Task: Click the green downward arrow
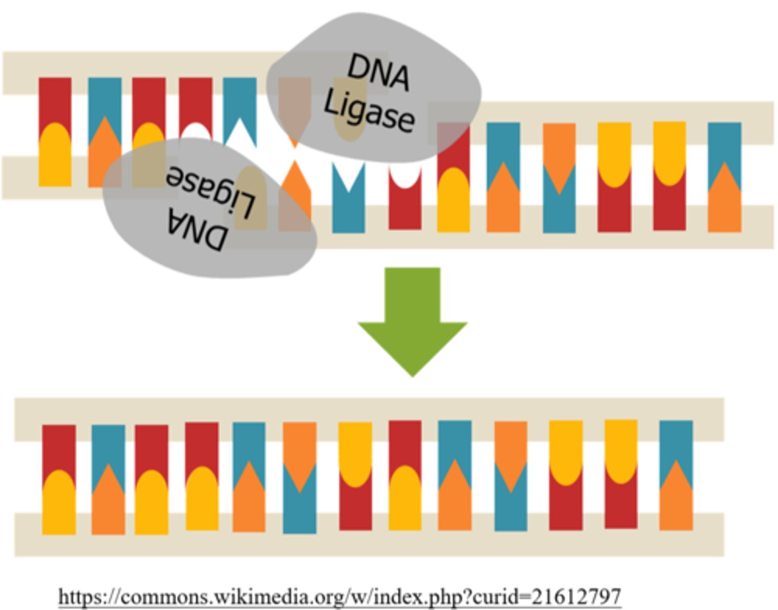tap(412, 319)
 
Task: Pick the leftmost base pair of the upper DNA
tap(55, 132)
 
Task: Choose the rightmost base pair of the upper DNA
tap(724, 177)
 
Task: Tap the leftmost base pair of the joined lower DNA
tap(58, 479)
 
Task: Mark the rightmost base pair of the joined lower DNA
tap(676, 475)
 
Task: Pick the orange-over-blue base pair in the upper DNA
tap(559, 177)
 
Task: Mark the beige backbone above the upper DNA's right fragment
tap(621, 111)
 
